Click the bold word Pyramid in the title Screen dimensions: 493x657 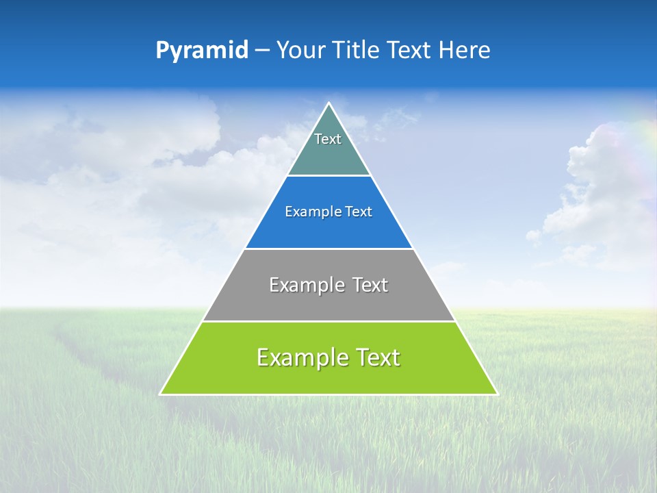coord(201,51)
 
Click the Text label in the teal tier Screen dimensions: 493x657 coord(328,139)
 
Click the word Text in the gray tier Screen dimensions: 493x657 coord(370,285)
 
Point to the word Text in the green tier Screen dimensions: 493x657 coord(376,357)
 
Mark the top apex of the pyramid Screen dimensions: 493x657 coord(328,103)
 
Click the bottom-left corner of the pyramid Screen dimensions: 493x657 coord(161,394)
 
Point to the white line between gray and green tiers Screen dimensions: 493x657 coord(328,321)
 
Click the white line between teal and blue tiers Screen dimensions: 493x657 coord(328,176)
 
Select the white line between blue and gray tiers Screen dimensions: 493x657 coord(328,249)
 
